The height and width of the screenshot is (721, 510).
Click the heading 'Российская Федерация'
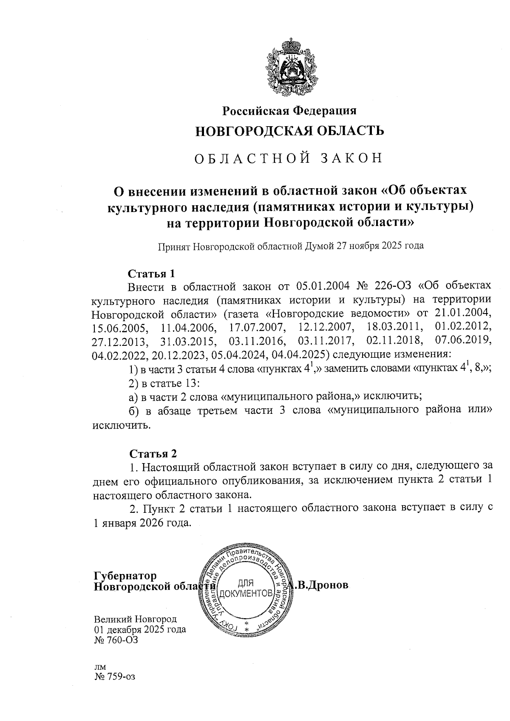click(290, 111)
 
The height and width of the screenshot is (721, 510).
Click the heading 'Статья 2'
click(152, 453)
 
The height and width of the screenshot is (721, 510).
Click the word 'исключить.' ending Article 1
click(122, 425)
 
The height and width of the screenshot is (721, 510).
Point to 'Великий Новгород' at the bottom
click(135, 619)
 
